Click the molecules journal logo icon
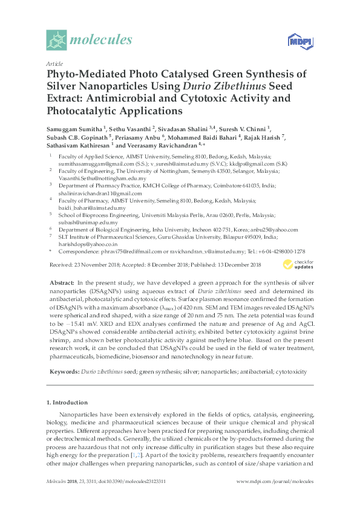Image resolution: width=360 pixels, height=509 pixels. click(x=57, y=40)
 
